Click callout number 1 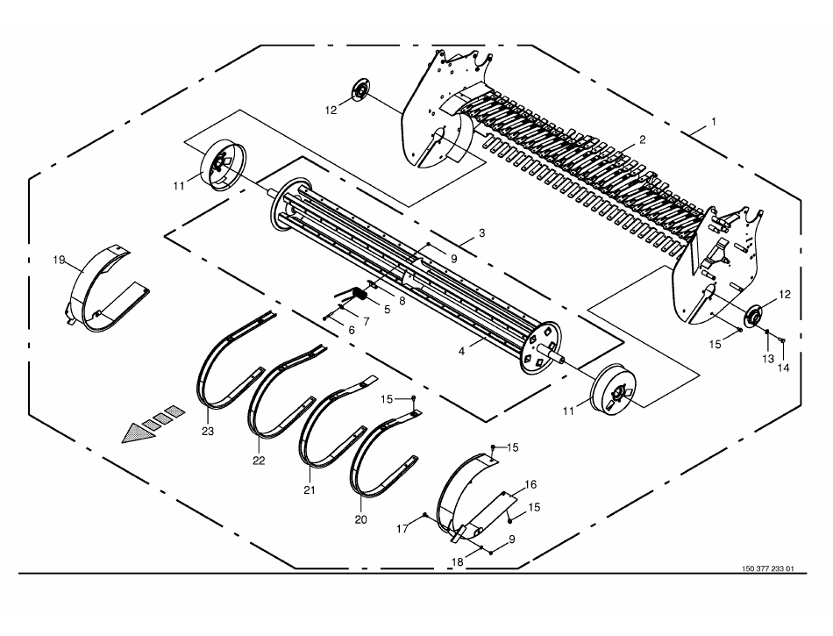pyautogui.click(x=714, y=122)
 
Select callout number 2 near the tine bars pyautogui.click(x=642, y=139)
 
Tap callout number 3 pyautogui.click(x=481, y=232)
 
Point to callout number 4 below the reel pyautogui.click(x=461, y=351)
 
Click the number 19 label pyautogui.click(x=59, y=260)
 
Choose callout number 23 pyautogui.click(x=207, y=431)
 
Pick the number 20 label pyautogui.click(x=360, y=519)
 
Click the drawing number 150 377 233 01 pyautogui.click(x=767, y=568)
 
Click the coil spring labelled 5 pyautogui.click(x=360, y=293)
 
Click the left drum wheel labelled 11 pyautogui.click(x=223, y=165)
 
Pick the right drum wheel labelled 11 pyautogui.click(x=613, y=390)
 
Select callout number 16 pyautogui.click(x=530, y=484)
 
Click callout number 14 pyautogui.click(x=784, y=368)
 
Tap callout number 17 pyautogui.click(x=402, y=529)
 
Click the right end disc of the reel pyautogui.click(x=538, y=347)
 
